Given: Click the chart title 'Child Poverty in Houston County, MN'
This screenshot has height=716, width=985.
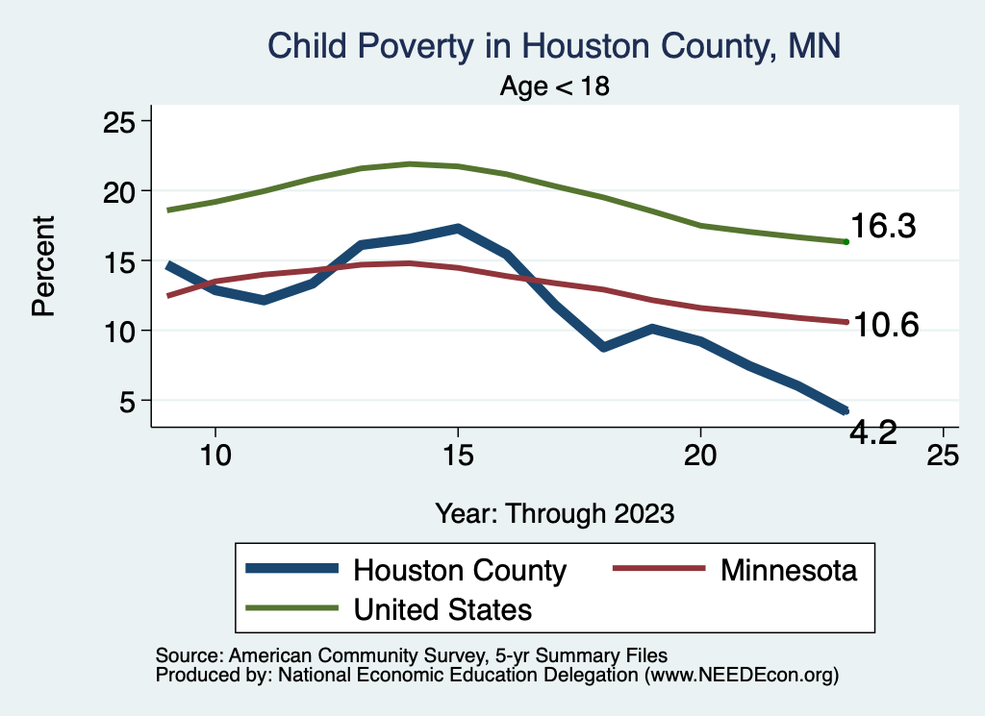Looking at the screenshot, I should [554, 46].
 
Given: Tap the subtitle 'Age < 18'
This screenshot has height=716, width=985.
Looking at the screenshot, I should [555, 86].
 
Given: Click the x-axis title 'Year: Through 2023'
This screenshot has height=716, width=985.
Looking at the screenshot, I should [554, 513].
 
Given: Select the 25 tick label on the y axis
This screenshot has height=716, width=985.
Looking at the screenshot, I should [121, 122].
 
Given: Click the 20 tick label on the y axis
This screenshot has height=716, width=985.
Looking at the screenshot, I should [121, 191].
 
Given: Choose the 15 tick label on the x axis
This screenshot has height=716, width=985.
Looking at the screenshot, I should [458, 454].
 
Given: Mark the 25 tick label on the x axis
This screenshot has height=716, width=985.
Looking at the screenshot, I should [943, 454].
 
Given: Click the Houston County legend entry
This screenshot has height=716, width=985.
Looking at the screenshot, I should [460, 570].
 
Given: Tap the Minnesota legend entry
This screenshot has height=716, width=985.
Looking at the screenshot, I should [788, 570].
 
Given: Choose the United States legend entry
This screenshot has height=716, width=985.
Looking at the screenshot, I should [442, 608].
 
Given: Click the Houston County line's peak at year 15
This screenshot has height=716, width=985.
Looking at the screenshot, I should [458, 229].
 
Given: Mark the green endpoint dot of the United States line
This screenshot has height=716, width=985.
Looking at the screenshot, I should [846, 242].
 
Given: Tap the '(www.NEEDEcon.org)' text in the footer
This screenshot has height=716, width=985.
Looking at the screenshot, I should [742, 676].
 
